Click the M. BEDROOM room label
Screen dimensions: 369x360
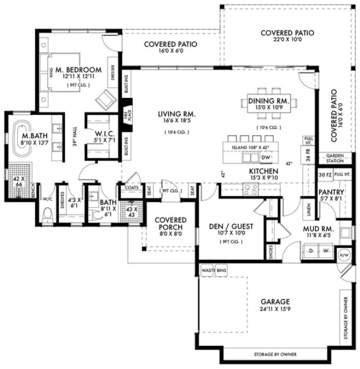point(78,69)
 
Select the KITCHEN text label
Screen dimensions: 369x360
point(263,171)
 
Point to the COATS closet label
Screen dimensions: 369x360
point(132,187)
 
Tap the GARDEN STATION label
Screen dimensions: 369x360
point(335,158)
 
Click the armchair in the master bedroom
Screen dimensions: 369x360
point(104,100)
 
